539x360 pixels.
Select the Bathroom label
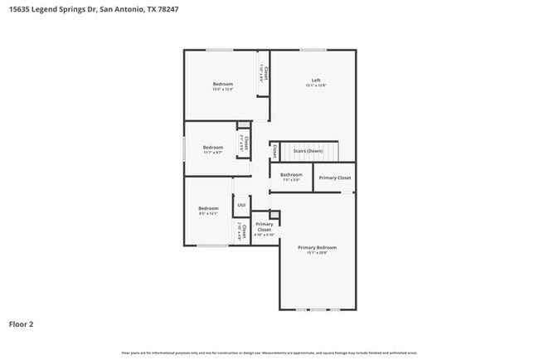(291, 175)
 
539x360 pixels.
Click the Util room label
(241, 205)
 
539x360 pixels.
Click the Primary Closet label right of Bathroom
(335, 178)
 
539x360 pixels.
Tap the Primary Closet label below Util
(265, 226)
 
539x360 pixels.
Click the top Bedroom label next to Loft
(222, 84)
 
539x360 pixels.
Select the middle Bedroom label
(213, 148)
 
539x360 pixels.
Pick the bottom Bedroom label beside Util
(207, 208)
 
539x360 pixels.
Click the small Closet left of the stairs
(274, 151)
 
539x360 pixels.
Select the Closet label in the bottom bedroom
(243, 231)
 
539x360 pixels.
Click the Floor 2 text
(22, 324)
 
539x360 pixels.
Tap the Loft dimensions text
(315, 85)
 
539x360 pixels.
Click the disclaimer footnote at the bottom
(269, 352)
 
